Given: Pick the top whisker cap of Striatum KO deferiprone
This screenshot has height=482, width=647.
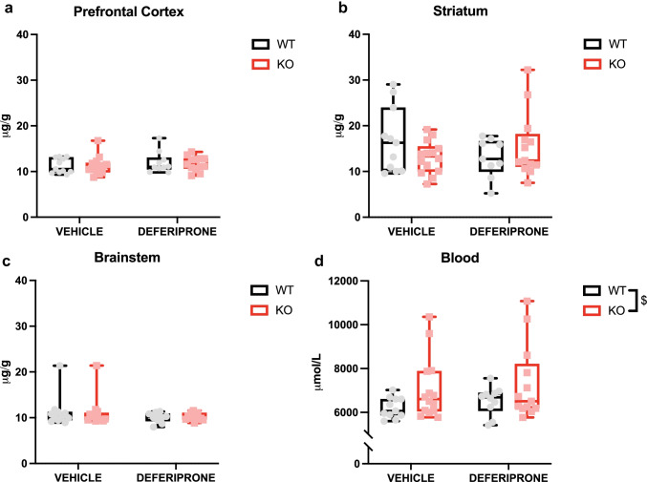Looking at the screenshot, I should click(x=527, y=69).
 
